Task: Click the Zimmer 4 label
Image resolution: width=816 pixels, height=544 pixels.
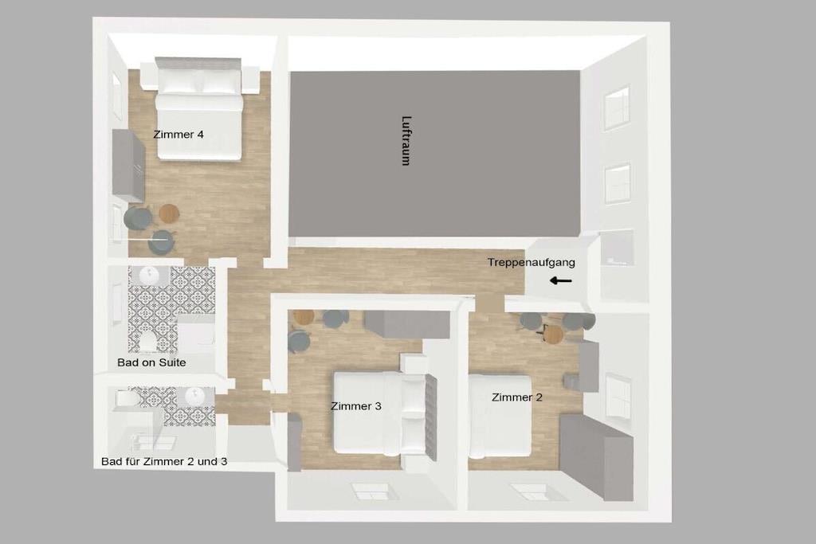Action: pyautogui.click(x=178, y=134)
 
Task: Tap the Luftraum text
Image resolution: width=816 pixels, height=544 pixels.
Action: pyautogui.click(x=406, y=140)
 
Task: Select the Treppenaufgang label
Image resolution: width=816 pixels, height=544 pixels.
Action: pyautogui.click(x=532, y=263)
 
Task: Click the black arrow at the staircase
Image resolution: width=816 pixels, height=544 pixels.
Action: pyautogui.click(x=560, y=281)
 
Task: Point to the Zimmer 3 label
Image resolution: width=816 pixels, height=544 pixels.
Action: pyautogui.click(x=356, y=406)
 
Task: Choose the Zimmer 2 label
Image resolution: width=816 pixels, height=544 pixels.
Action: pyautogui.click(x=516, y=397)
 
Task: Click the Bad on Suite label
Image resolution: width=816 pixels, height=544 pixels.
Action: pyautogui.click(x=151, y=362)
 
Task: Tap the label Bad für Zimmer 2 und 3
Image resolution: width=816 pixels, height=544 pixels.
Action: pyautogui.click(x=164, y=461)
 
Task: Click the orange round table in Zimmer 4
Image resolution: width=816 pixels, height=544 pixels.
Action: pyautogui.click(x=169, y=212)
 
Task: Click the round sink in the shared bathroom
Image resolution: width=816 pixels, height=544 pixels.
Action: pyautogui.click(x=196, y=397)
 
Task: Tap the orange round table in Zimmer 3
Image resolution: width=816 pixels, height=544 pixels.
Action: pyautogui.click(x=304, y=317)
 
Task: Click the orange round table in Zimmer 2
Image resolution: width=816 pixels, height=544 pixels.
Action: pyautogui.click(x=553, y=334)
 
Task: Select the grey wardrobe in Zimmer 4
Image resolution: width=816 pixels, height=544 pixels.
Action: pyautogui.click(x=128, y=166)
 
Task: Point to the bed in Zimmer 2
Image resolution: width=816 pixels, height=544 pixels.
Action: pyautogui.click(x=500, y=416)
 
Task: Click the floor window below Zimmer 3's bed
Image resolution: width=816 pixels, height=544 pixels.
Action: pyautogui.click(x=371, y=491)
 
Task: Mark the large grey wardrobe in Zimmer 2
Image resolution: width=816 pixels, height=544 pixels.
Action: pyautogui.click(x=596, y=456)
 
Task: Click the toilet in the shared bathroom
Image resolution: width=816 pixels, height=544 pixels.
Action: pyautogui.click(x=127, y=399)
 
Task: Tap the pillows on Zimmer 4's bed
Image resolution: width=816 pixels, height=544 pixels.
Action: pyautogui.click(x=199, y=82)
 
